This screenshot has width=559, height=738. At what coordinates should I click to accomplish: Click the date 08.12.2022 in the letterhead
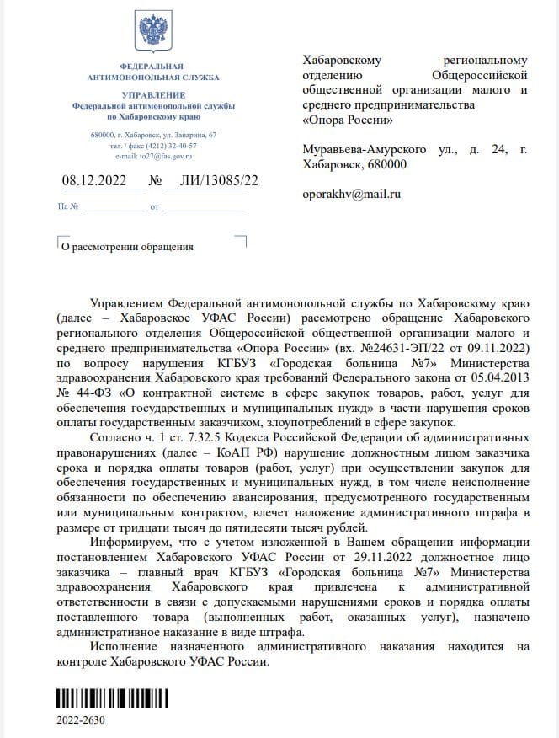[x=96, y=180]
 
